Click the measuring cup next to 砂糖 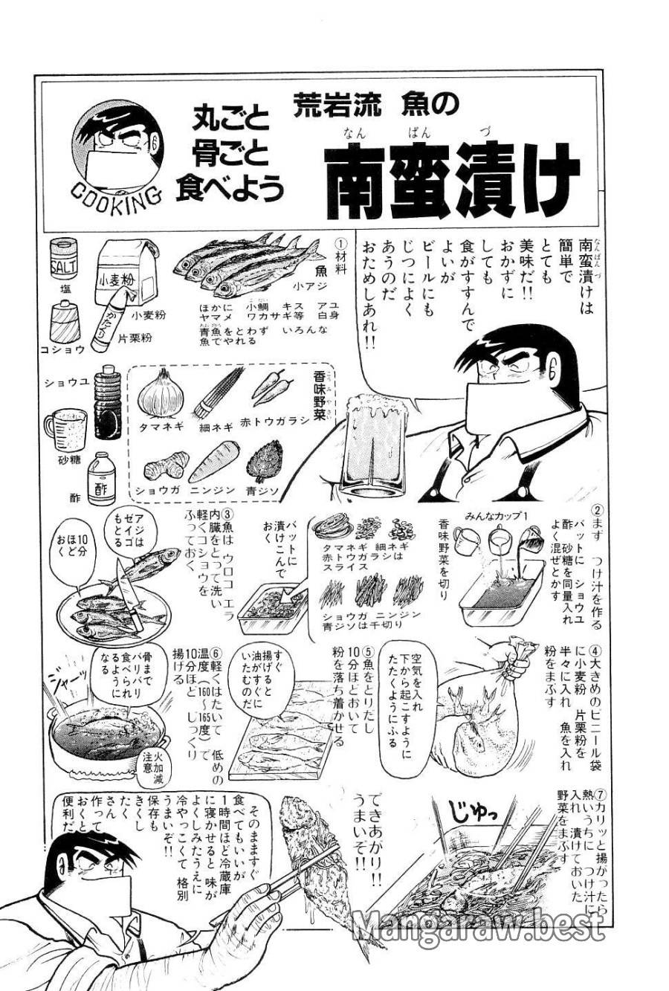pyautogui.click(x=60, y=427)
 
